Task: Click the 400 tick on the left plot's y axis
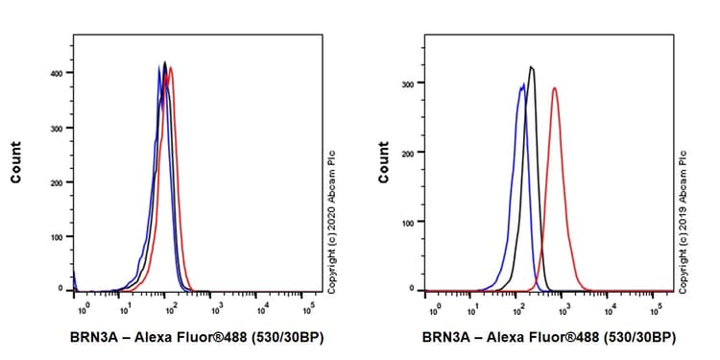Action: (x=61, y=73)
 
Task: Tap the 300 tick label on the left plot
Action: (x=61, y=128)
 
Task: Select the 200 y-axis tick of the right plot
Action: (x=412, y=153)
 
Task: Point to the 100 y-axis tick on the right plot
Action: (x=412, y=222)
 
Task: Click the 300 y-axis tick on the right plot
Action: (x=412, y=84)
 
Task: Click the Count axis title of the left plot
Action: (x=16, y=163)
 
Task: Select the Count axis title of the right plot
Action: (x=384, y=163)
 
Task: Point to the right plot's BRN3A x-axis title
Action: (x=548, y=338)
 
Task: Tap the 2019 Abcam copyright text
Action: (x=684, y=221)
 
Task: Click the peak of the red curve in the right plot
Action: (x=554, y=88)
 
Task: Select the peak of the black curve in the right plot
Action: (x=531, y=67)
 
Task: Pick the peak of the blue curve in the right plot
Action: (x=521, y=84)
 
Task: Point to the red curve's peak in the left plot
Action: (x=171, y=67)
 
